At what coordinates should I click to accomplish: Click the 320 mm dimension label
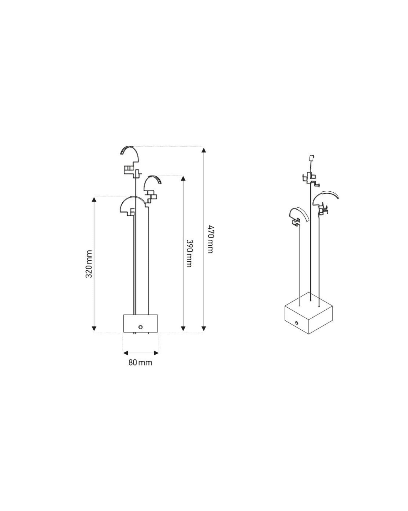pos(88,264)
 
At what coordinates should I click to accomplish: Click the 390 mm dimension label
pos(189,253)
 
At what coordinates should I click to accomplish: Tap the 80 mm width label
pos(140,362)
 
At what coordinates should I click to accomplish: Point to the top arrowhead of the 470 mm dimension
pos(203,150)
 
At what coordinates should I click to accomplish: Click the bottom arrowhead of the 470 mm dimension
pos(203,329)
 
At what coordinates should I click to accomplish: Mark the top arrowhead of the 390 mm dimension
pos(183,178)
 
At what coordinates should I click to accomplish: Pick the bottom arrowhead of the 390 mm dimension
pos(183,329)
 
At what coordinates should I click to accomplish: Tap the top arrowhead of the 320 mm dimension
pos(94,199)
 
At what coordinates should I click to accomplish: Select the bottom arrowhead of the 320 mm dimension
pos(94,329)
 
